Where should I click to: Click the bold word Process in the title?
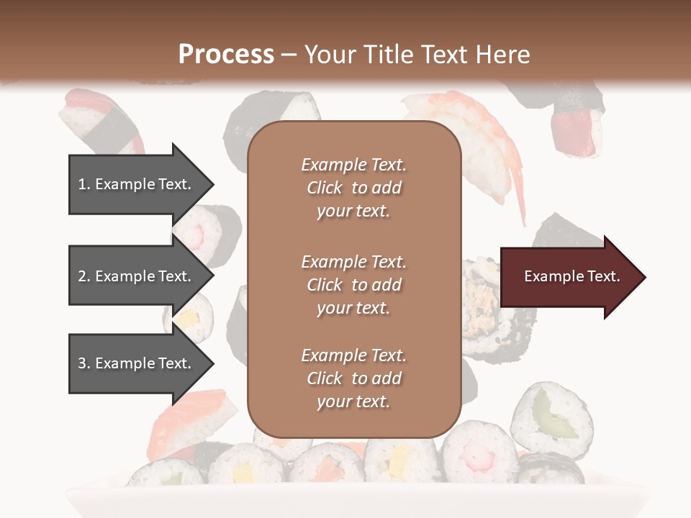pyautogui.click(x=226, y=54)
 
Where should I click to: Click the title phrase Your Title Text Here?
pyautogui.click(x=417, y=54)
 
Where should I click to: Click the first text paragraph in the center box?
pyautogui.click(x=353, y=188)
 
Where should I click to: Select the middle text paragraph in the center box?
pyautogui.click(x=353, y=285)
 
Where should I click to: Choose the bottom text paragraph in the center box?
pyautogui.click(x=353, y=378)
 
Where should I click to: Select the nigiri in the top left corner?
pyautogui.click(x=97, y=119)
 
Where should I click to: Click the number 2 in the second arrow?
pyautogui.click(x=82, y=276)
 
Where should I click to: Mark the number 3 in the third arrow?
pyautogui.click(x=82, y=363)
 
